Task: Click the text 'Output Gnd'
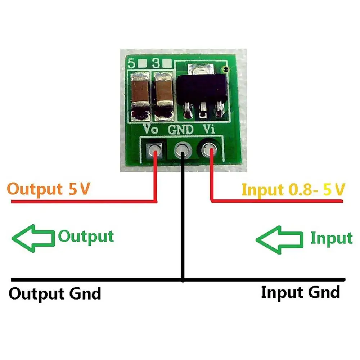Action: pyautogui.click(x=54, y=293)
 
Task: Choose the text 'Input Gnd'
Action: pyautogui.click(x=300, y=292)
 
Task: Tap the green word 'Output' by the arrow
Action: pyautogui.click(x=86, y=237)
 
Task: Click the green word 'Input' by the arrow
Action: pyautogui.click(x=331, y=238)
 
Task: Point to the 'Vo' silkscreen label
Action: pyautogui.click(x=151, y=128)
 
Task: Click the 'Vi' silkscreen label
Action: pyautogui.click(x=209, y=128)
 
